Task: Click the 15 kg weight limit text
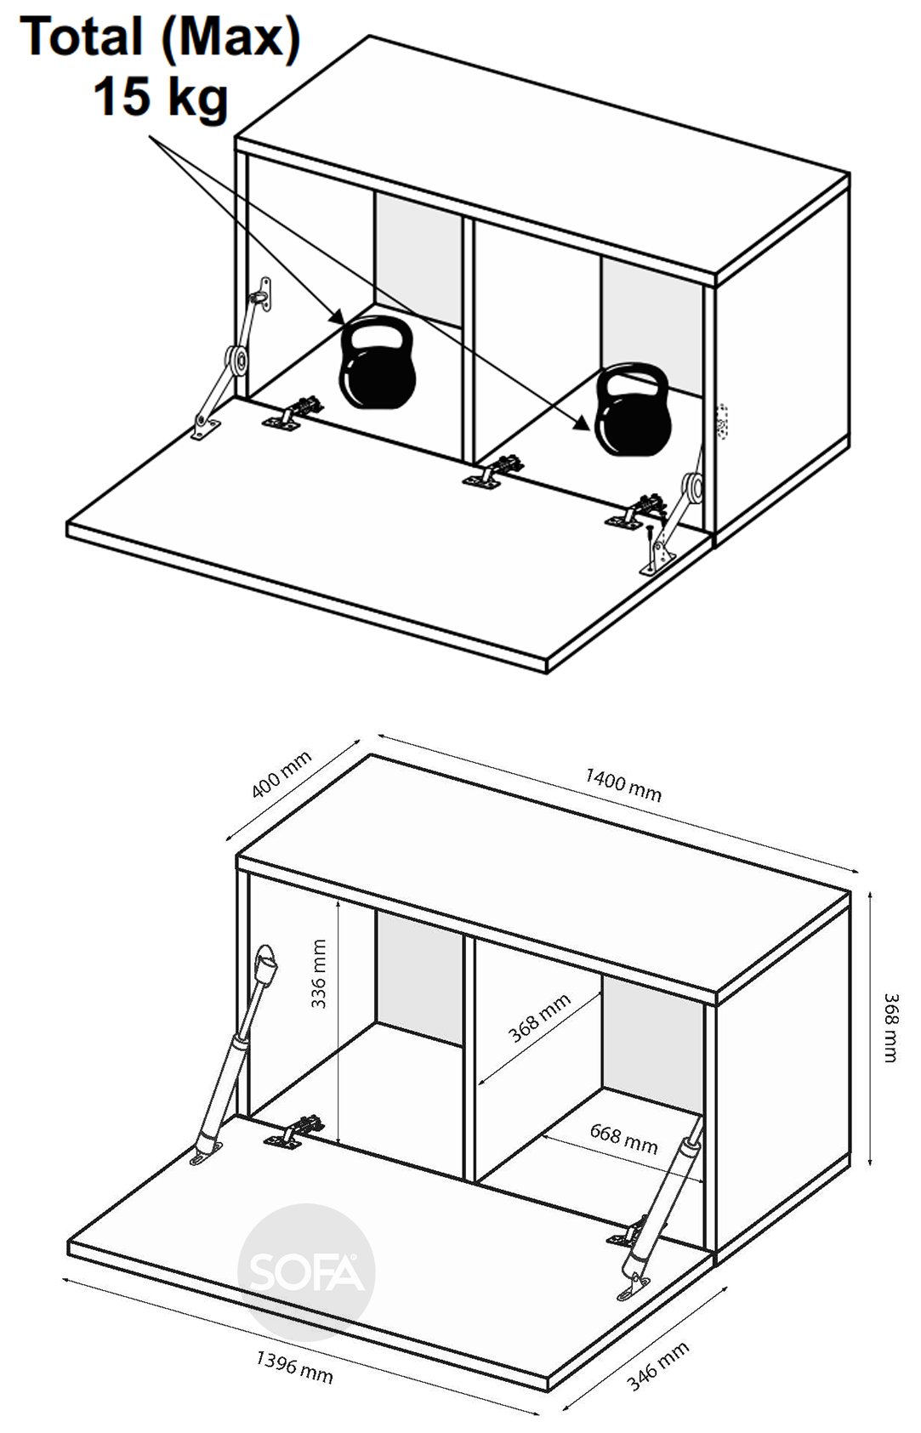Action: click(161, 97)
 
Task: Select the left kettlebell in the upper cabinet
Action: click(378, 363)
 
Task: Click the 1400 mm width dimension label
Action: click(623, 784)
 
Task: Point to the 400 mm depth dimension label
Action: click(281, 774)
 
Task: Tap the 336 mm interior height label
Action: click(318, 974)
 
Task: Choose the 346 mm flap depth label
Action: click(657, 1367)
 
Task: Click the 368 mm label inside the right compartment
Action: click(539, 1019)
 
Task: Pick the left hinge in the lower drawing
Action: click(293, 1131)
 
